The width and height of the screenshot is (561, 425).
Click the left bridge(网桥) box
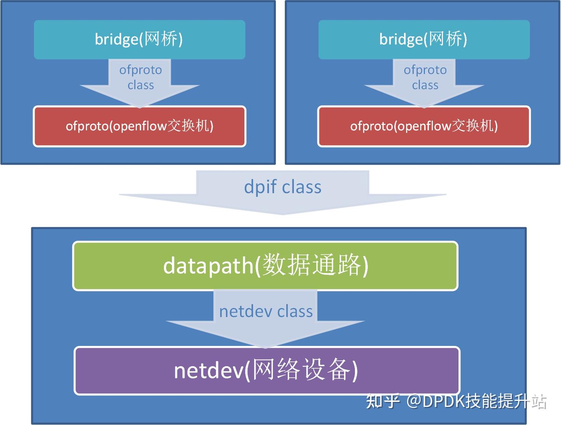point(139,40)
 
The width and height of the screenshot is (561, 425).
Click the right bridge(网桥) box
point(423,40)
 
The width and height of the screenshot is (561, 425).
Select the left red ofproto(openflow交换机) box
point(139,126)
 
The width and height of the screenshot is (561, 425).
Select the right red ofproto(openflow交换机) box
point(423,126)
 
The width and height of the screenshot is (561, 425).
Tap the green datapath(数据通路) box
point(265,266)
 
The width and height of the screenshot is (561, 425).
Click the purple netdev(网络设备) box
point(266,370)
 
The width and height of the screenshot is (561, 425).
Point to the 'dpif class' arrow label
point(282,187)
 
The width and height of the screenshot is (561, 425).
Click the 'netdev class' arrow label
point(266,312)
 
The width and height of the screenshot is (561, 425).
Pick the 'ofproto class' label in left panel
point(140,77)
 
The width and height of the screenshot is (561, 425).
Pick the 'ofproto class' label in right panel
point(425,77)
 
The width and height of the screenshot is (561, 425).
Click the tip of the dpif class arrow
point(283,213)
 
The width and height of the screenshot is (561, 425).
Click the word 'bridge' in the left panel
point(116,40)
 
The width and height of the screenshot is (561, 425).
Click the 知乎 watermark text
point(383,401)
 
